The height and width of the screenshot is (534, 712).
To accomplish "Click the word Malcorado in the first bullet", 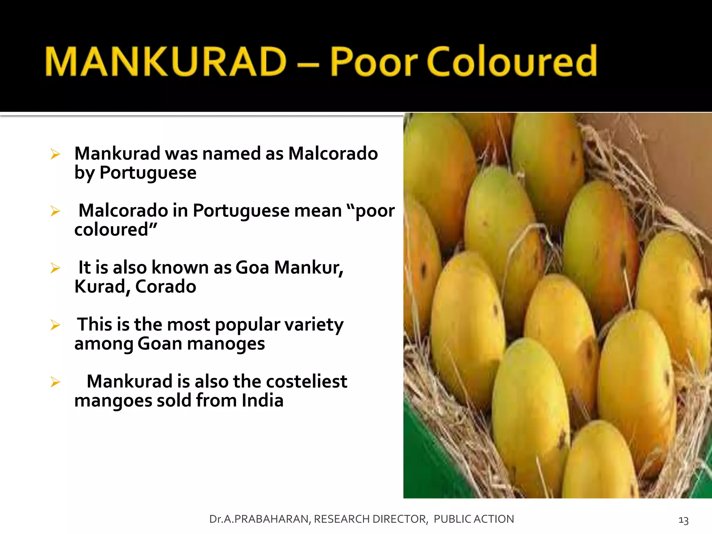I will click(x=333, y=154).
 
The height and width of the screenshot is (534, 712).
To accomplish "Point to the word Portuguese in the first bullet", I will click(x=148, y=173).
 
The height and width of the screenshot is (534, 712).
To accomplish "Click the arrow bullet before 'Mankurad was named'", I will click(x=55, y=154).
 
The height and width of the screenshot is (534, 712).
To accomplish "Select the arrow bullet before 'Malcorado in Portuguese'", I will click(x=55, y=211).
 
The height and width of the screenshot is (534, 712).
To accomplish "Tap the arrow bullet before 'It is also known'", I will click(x=55, y=268).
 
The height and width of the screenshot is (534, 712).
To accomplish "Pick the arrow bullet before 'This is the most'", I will click(x=55, y=325).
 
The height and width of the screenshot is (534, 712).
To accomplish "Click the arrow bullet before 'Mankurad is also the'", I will click(x=55, y=382).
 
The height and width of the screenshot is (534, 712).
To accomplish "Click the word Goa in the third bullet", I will click(x=252, y=268).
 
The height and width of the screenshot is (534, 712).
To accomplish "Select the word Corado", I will click(x=165, y=287).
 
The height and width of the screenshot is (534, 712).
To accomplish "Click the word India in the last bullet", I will click(x=262, y=400).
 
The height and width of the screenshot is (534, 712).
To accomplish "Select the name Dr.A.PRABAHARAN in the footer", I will click(x=260, y=519).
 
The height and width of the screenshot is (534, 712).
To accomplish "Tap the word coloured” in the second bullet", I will click(x=116, y=230).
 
